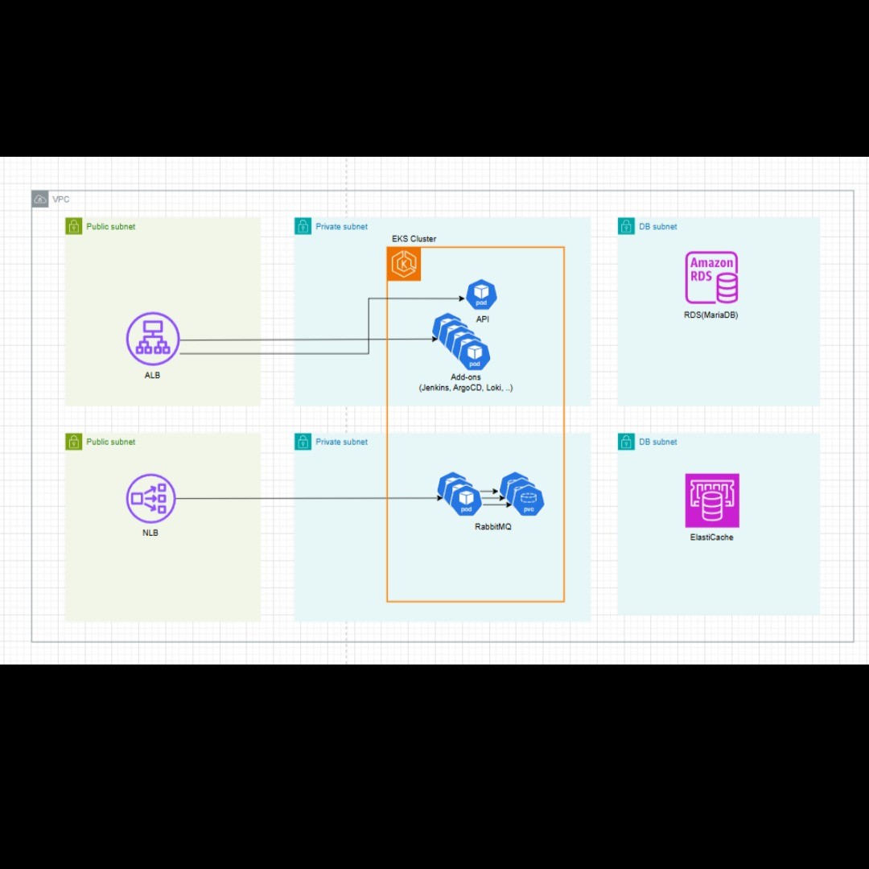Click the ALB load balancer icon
click(153, 339)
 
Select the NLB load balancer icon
click(150, 499)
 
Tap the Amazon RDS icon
click(711, 278)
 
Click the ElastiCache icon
click(711, 500)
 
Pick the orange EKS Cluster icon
click(404, 264)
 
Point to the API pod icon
click(481, 295)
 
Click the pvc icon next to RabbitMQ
click(528, 501)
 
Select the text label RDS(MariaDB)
click(706, 315)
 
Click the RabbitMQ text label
click(493, 527)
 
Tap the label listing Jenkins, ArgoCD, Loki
click(465, 388)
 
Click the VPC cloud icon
click(40, 199)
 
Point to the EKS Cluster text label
click(414, 239)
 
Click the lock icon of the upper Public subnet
click(74, 226)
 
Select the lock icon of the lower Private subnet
click(303, 442)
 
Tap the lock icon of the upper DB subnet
click(626, 226)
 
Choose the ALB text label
click(152, 375)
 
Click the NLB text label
click(150, 533)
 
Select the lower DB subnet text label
click(657, 442)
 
